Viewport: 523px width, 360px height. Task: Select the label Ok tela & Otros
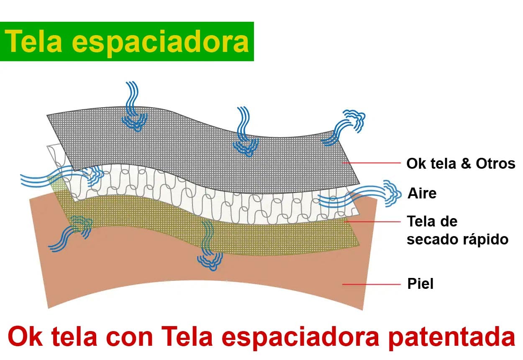click(461, 163)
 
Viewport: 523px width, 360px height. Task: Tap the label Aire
click(422, 193)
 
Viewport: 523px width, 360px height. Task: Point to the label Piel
click(420, 284)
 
